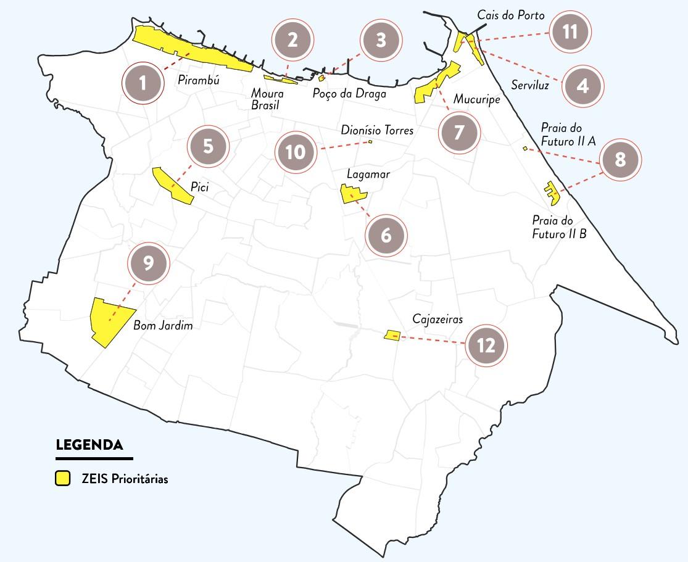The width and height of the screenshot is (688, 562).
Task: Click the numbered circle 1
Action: click(143, 83)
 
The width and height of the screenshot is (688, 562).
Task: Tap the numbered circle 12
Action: click(486, 345)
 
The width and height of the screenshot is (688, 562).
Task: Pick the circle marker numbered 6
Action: click(386, 236)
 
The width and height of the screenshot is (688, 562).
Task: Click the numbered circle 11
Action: click(570, 31)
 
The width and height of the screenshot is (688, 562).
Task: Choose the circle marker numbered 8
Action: click(620, 160)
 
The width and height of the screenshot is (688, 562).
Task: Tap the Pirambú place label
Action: click(199, 80)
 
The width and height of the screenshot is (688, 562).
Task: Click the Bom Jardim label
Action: click(163, 326)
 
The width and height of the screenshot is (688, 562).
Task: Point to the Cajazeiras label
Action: click(437, 319)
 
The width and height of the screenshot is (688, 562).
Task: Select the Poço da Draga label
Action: click(349, 94)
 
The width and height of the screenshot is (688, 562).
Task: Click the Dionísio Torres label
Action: click(377, 131)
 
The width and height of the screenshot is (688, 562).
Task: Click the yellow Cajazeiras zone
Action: click(392, 335)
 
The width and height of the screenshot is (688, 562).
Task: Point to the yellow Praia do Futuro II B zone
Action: click(551, 192)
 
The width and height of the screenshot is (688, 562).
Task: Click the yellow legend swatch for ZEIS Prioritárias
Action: click(62, 479)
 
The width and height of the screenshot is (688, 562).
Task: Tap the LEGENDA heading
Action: click(89, 445)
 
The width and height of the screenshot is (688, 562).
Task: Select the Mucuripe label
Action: click(476, 99)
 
